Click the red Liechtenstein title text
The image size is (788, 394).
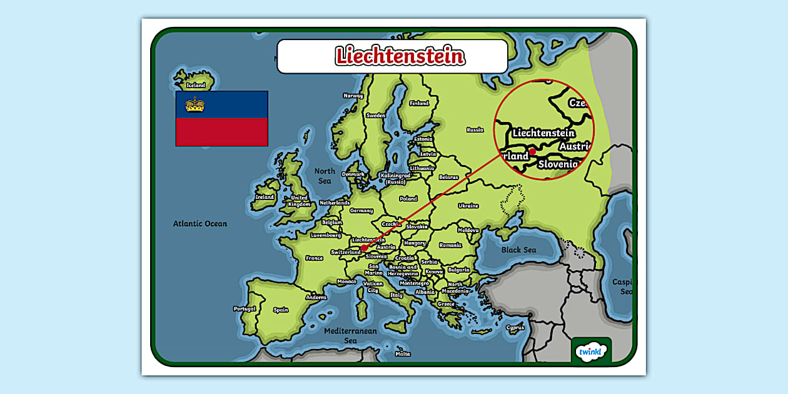[x=400, y=56]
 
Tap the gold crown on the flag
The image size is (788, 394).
[x=195, y=104]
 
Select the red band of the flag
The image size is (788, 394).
[x=221, y=132]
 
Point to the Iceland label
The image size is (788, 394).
[x=196, y=85]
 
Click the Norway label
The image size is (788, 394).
[x=353, y=96]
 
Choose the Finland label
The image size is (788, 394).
[x=419, y=103]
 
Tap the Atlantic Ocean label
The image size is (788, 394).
[x=200, y=223]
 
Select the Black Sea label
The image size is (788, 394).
[x=518, y=250]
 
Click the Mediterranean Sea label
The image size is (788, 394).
[x=351, y=335]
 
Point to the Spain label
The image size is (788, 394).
[x=281, y=310]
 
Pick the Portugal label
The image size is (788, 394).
[x=245, y=308]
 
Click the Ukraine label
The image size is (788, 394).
[x=468, y=206]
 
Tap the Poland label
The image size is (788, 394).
[x=408, y=199]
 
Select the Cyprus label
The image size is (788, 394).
[x=515, y=327]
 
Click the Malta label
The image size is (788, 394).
[x=403, y=354]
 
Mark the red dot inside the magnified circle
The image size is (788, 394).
[x=532, y=151]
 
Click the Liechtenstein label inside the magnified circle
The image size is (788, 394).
[x=543, y=133]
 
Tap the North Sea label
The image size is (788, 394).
[x=325, y=176]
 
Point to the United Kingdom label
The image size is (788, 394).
[x=299, y=201]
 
